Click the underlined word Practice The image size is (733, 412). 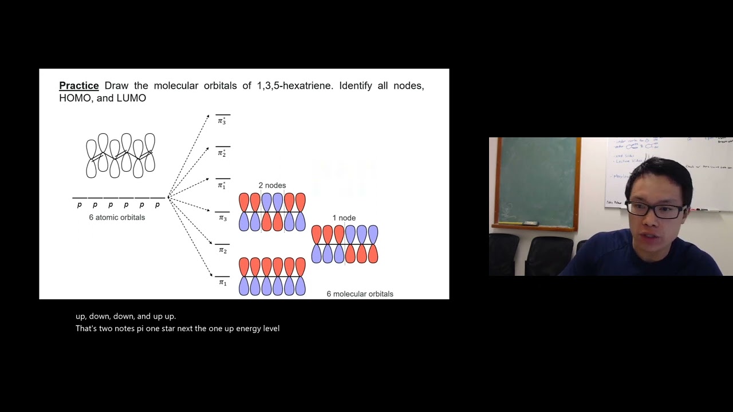79,86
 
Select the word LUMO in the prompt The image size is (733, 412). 131,98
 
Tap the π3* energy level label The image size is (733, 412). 222,121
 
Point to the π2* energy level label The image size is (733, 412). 222,153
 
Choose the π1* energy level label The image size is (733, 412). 222,185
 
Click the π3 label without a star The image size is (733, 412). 222,218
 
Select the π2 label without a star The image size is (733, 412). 222,251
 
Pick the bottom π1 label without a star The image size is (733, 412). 222,283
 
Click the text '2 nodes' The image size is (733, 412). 272,185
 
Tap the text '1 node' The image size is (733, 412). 344,218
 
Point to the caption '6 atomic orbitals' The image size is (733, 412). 117,217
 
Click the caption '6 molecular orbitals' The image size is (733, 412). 360,294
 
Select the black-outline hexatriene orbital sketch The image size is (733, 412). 120,155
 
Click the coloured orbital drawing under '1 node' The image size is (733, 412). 345,244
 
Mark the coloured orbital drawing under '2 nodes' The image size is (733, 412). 272,212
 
